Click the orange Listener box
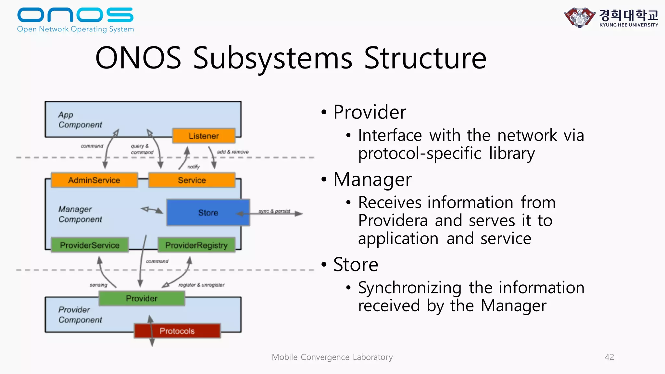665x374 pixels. [204, 136]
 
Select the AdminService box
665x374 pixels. [94, 180]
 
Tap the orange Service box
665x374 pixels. [192, 180]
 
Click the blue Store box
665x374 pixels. [208, 213]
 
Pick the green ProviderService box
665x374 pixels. [90, 245]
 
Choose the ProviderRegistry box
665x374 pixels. [196, 245]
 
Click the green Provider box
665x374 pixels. [142, 298]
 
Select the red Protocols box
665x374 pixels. [177, 331]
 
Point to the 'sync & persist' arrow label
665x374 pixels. [274, 211]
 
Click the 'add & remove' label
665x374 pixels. [232, 152]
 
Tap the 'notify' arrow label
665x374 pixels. [194, 167]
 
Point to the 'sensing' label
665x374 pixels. [98, 285]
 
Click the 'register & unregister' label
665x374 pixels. [201, 285]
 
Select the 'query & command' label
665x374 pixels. [142, 149]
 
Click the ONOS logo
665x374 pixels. [75, 20]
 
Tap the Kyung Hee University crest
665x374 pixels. [580, 18]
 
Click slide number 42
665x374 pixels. [609, 357]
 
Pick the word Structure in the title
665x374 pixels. [425, 58]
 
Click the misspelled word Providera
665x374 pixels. [393, 221]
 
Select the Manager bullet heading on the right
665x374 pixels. [372, 179]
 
